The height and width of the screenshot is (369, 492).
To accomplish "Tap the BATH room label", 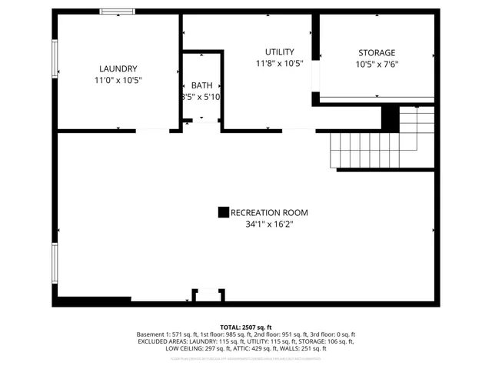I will click(202, 85).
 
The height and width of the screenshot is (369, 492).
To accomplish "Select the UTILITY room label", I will click(280, 52).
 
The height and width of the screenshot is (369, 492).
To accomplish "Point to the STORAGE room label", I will click(376, 53).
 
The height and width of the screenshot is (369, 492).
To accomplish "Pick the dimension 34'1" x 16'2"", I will click(269, 224).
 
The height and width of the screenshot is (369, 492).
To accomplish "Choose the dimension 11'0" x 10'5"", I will click(118, 80).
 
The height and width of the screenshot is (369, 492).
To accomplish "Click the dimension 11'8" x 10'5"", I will click(280, 64).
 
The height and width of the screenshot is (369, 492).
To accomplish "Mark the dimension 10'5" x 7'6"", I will click(376, 65).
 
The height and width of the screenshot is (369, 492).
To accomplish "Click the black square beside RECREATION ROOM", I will click(223, 212).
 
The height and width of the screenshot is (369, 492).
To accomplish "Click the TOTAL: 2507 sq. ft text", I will click(246, 327).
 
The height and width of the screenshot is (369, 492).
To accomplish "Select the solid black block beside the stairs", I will click(391, 118).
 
